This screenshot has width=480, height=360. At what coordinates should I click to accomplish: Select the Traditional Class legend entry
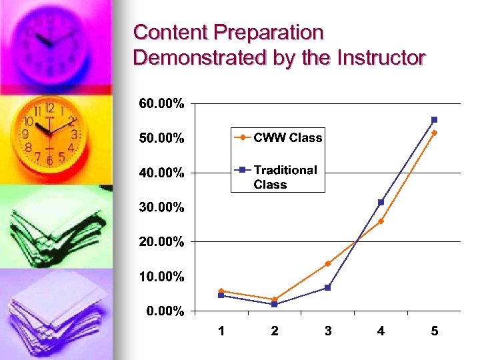pyautogui.click(x=285, y=177)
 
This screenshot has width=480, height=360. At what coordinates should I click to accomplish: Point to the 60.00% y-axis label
pyautogui.click(x=161, y=104)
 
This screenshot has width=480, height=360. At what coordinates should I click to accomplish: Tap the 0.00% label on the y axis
pyautogui.click(x=165, y=311)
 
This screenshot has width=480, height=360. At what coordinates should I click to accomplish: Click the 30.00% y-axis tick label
pyautogui.click(x=161, y=207)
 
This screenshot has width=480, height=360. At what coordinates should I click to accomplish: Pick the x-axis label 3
pyautogui.click(x=328, y=331)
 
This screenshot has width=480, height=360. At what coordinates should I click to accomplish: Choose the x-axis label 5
pyautogui.click(x=435, y=331)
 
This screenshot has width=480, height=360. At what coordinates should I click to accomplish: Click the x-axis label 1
pyautogui.click(x=221, y=331)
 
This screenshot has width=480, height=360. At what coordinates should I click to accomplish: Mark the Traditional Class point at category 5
pyautogui.click(x=434, y=120)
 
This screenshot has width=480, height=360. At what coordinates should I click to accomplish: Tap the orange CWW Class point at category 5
pyautogui.click(x=434, y=133)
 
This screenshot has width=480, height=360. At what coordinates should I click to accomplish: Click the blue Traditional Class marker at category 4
pyautogui.click(x=381, y=202)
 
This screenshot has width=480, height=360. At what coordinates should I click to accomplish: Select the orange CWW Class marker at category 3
pyautogui.click(x=327, y=263)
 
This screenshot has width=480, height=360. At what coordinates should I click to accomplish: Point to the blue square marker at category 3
pyautogui.click(x=327, y=287)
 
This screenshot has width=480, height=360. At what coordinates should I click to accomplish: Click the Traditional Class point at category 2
pyautogui.click(x=275, y=304)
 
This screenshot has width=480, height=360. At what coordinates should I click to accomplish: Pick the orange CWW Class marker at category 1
pyautogui.click(x=221, y=291)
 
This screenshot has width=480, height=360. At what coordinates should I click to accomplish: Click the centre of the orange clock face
pyautogui.click(x=49, y=133)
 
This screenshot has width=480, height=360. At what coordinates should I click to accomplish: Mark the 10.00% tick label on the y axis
pyautogui.click(x=161, y=276)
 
